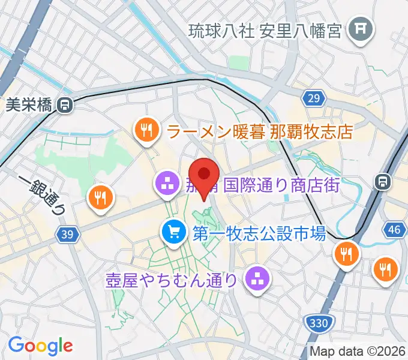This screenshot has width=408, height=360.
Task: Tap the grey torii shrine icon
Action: (361, 28)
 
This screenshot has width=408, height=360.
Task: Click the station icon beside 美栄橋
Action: (64, 106)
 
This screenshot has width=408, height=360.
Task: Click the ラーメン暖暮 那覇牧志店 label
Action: (259, 131)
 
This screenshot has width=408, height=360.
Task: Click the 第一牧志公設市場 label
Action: (259, 232)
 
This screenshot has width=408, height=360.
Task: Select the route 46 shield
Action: (394, 230)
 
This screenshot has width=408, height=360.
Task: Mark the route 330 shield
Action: (318, 324)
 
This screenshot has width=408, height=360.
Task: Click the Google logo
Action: (40, 346)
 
